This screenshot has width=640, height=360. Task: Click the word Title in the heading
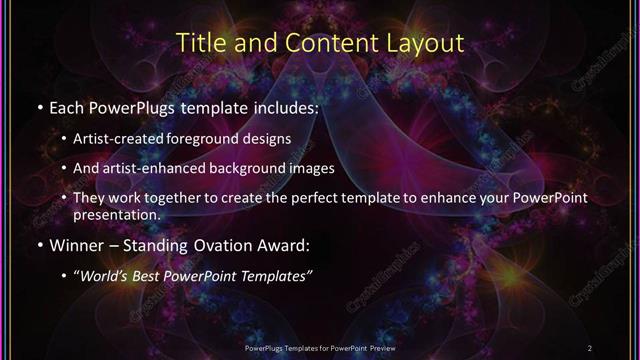[199, 44]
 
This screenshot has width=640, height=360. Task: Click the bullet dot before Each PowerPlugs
[39, 107]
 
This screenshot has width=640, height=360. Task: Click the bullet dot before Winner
[39, 245]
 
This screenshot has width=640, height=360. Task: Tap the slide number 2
[590, 347]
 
